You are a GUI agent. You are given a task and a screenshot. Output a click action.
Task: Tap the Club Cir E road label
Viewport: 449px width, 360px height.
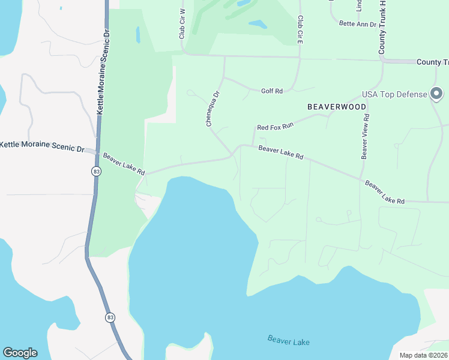pyautogui.click(x=299, y=28)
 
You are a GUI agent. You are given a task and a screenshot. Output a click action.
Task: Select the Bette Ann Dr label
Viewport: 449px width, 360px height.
pyautogui.click(x=358, y=24)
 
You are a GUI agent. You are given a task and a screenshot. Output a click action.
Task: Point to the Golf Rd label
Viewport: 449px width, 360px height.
pyautogui.click(x=271, y=91)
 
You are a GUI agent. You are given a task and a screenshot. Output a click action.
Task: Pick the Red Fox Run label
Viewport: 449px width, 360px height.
pyautogui.click(x=275, y=127)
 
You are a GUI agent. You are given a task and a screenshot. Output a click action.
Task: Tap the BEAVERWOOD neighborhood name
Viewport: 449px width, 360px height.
pyautogui.click(x=337, y=106)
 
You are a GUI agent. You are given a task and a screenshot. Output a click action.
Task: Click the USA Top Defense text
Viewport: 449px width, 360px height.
pyautogui.click(x=394, y=95)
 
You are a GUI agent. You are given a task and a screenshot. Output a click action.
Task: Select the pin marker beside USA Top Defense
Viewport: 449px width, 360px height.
pyautogui.click(x=437, y=94)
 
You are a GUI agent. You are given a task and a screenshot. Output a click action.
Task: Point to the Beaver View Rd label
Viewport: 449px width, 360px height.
pyautogui.click(x=364, y=136)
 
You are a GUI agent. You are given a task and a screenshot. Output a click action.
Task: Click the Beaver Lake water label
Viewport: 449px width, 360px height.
pyautogui.click(x=289, y=341)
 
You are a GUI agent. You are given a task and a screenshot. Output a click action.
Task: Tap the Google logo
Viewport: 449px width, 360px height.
pyautogui.click(x=20, y=352)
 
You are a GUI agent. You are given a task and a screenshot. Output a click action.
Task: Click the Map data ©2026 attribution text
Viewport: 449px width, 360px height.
pyautogui.click(x=423, y=355)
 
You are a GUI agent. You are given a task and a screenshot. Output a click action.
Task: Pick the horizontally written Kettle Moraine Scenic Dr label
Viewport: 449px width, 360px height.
pyautogui.click(x=42, y=146)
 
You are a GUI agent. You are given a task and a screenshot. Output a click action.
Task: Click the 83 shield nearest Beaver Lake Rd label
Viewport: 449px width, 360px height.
pyautogui.click(x=96, y=172)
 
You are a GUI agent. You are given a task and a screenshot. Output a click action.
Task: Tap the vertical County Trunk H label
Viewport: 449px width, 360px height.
pyautogui.click(x=381, y=28)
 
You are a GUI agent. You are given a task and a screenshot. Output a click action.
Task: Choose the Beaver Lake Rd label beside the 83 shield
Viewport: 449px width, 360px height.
pyautogui.click(x=124, y=163)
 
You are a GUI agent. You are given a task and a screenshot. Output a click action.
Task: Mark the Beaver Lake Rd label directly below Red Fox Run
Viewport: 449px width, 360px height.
pyautogui.click(x=281, y=152)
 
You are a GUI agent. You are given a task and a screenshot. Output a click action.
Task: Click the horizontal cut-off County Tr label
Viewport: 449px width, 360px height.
pyautogui.click(x=432, y=62)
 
